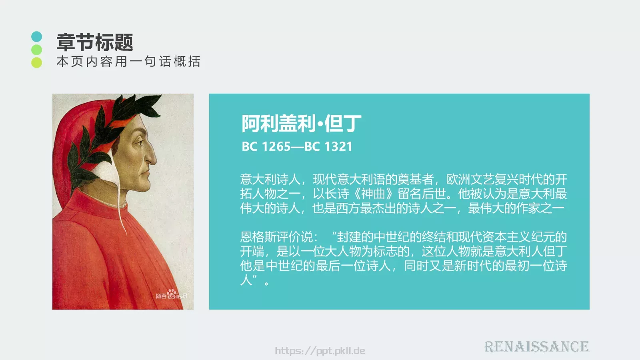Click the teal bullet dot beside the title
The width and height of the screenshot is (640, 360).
coord(36,37)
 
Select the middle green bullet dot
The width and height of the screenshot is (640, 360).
coord(36,50)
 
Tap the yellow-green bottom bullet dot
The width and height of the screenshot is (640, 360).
coord(36,62)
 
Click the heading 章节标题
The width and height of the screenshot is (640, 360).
coord(94,42)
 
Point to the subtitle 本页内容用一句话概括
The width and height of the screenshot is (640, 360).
coord(128,62)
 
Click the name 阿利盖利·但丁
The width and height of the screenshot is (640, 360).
coord(301,123)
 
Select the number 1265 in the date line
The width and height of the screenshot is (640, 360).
coord(276,147)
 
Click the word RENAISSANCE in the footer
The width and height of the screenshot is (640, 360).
coord(536,346)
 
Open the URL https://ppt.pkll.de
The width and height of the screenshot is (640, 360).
coord(320,351)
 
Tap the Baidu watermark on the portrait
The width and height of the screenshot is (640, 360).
coord(171,295)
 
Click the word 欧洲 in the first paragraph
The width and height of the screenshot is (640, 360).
coord(458,179)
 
